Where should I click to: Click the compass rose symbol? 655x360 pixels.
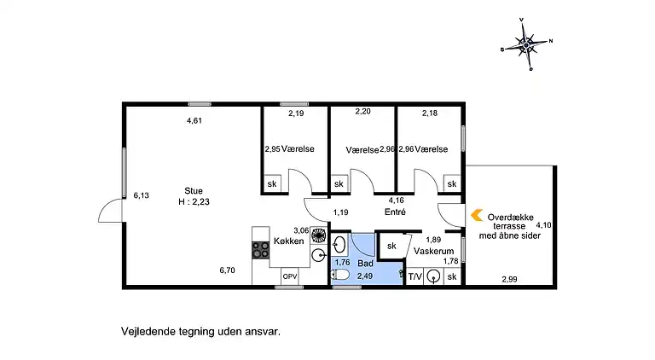528,43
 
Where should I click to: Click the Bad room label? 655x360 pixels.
365,264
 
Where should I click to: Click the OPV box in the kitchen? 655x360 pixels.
290,276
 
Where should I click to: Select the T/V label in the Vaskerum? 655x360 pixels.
415,276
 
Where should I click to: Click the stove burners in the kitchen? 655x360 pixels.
259,250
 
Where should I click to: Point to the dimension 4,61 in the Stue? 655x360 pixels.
194,121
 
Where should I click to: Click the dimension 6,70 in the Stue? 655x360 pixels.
227,270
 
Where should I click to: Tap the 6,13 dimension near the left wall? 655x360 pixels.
141,195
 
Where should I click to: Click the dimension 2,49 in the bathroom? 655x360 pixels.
365,276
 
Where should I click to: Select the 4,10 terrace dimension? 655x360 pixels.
543,225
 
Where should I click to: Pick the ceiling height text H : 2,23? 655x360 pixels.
194,202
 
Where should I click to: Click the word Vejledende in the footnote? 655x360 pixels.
147,328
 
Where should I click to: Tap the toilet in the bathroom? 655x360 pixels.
340,276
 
